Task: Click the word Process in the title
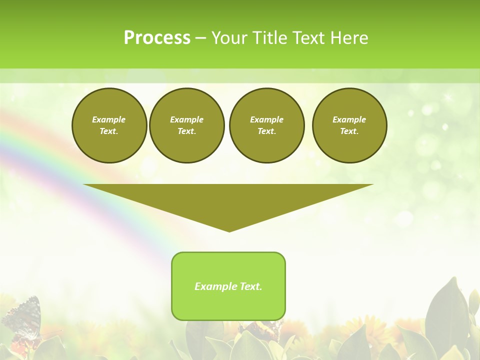coord(157,38)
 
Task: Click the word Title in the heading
coord(267,38)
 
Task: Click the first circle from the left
coord(109,125)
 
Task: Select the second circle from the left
coord(187,125)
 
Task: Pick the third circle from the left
coord(267,125)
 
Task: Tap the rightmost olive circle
coord(349,125)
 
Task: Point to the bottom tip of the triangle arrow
coord(229,231)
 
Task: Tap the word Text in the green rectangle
coord(250,286)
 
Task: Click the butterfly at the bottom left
coord(22,317)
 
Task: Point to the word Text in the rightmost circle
coord(349,131)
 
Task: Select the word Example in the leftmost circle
coord(109,120)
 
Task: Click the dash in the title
coord(201,38)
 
